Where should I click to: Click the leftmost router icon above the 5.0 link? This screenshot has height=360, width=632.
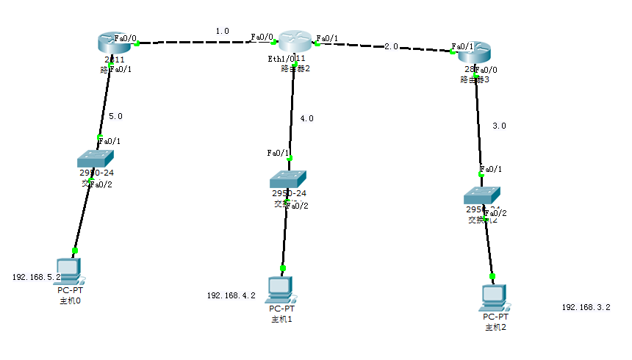pyautogui.click(x=114, y=43)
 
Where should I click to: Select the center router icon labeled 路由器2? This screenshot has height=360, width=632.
pyautogui.click(x=295, y=42)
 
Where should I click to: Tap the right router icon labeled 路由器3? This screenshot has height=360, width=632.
pyautogui.click(x=474, y=52)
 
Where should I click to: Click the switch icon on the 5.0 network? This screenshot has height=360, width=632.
pyautogui.click(x=96, y=159)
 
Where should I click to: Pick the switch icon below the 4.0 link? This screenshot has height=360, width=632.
pyautogui.click(x=287, y=179)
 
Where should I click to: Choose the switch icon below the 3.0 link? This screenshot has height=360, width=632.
pyautogui.click(x=482, y=195)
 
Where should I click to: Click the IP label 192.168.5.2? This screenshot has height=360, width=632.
pyautogui.click(x=36, y=278)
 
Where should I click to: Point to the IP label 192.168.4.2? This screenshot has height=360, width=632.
pyautogui.click(x=231, y=295)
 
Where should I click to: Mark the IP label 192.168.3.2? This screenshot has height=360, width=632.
pyautogui.click(x=586, y=307)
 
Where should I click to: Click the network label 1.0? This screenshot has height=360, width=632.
pyautogui.click(x=222, y=31)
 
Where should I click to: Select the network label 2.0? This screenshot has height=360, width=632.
pyautogui.click(x=391, y=46)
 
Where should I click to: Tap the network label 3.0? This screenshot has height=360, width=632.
pyautogui.click(x=499, y=126)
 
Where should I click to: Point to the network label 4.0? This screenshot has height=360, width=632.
pyautogui.click(x=307, y=118)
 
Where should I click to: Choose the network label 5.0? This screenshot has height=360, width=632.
pyautogui.click(x=115, y=115)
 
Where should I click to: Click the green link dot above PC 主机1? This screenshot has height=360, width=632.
pyautogui.click(x=283, y=268)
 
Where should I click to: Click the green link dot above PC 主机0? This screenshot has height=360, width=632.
pyautogui.click(x=74, y=251)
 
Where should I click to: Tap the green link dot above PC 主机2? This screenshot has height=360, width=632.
pyautogui.click(x=492, y=276)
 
